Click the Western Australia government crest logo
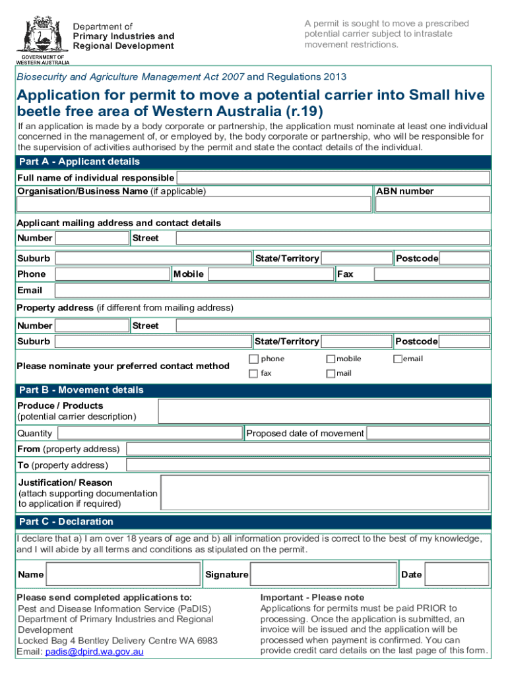[43, 34]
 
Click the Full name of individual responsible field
[333, 178]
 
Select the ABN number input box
[432, 204]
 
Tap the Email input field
[272, 291]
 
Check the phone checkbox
[253, 359]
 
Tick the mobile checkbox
[331, 359]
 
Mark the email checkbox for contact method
[398, 359]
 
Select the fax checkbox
[253, 374]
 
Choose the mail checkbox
[331, 374]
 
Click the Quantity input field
[150, 433]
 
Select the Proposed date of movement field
[428, 433]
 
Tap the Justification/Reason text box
[325, 493]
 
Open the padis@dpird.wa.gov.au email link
[94, 652]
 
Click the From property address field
[307, 449]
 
